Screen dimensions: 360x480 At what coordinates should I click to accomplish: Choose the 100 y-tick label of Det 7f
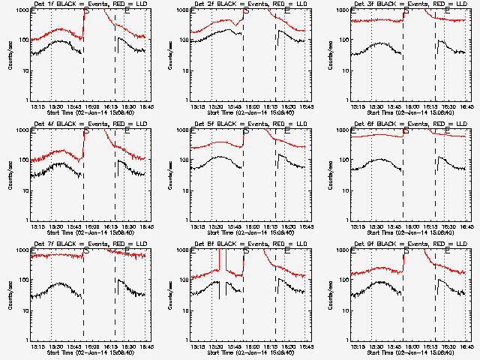22,280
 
